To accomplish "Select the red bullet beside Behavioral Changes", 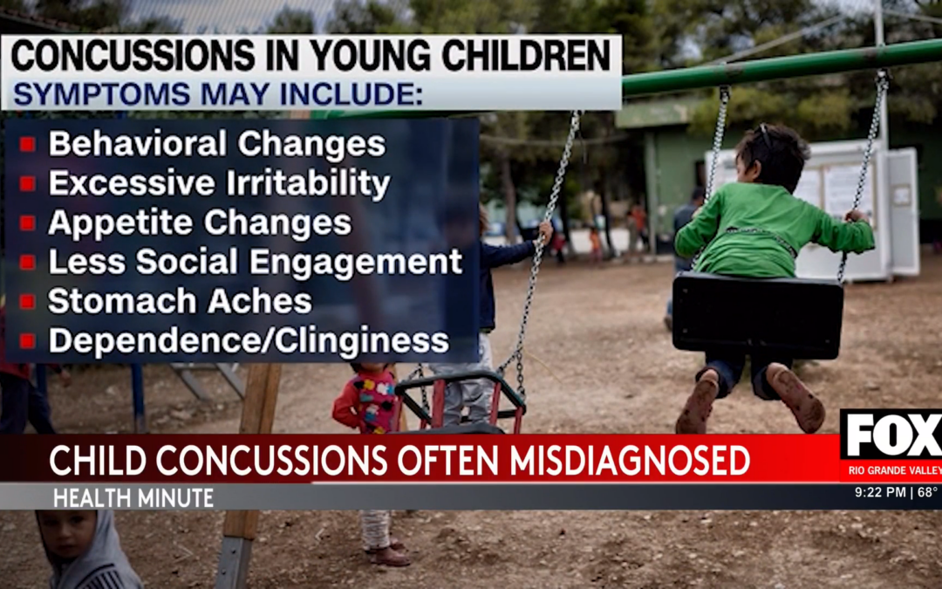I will pos(27,145).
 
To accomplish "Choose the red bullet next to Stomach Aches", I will pos(27,302).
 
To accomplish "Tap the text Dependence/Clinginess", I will pos(249,341).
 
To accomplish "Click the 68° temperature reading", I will pos(926,493).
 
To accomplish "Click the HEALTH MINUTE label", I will pos(133,498).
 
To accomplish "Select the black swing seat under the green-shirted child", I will pos(757,314).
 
